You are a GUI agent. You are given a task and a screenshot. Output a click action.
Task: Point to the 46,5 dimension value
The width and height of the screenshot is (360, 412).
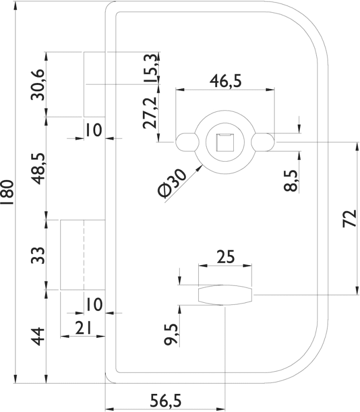tap(225, 81)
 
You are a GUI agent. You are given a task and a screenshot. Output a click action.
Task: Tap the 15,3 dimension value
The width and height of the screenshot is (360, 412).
tap(150, 68)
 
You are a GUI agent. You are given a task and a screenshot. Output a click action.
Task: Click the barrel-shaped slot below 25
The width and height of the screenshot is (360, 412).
tap(225, 295)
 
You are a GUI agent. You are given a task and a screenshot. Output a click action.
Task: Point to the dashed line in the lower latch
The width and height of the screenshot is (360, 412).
tap(83, 255)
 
